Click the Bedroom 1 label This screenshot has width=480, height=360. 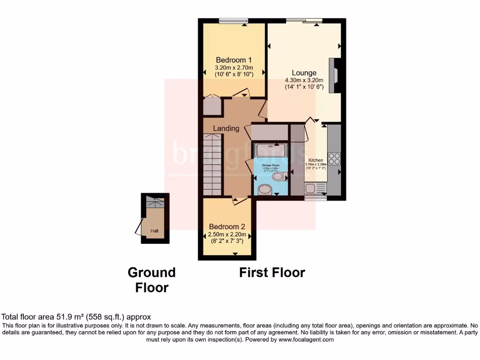(x=234, y=60)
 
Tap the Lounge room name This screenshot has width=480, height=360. (x=304, y=73)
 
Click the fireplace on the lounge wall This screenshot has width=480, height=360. (x=335, y=75)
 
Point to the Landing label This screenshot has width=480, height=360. (x=226, y=128)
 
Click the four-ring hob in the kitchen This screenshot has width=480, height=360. (x=334, y=158)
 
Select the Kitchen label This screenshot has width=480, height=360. (x=315, y=160)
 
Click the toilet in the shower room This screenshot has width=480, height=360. (x=280, y=177)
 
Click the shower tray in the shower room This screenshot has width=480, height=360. (x=270, y=150)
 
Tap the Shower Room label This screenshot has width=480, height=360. (x=270, y=165)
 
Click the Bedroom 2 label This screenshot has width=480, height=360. (x=227, y=225)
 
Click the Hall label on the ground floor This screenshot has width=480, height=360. (x=154, y=231)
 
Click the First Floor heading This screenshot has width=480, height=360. (x=272, y=272)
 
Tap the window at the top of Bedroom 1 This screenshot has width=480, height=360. (x=233, y=20)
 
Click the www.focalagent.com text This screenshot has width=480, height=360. (x=306, y=340)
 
